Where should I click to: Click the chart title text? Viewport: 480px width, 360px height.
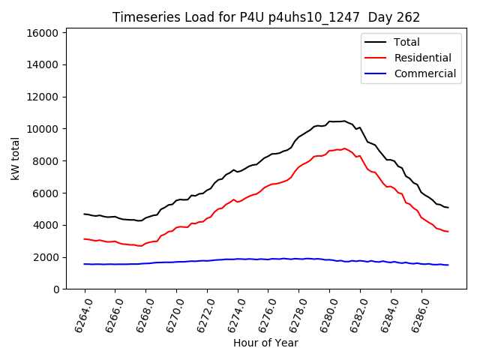tap(266, 17)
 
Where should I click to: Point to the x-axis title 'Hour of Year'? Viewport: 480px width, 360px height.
tap(265, 343)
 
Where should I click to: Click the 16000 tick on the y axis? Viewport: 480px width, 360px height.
tap(42, 33)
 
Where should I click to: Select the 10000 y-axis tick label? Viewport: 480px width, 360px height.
tap(42, 129)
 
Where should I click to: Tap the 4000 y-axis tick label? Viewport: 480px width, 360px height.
tap(45, 225)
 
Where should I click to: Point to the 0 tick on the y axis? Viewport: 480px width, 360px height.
tap(56, 289)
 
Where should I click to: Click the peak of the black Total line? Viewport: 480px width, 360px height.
tap(344, 121)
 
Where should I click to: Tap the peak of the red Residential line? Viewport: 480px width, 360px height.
tap(344, 148)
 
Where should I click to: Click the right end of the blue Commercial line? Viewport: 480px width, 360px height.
tap(448, 265)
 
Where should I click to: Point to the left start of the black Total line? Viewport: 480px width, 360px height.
tap(85, 214)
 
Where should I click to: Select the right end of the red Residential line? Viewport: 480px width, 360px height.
tap(448, 232)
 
